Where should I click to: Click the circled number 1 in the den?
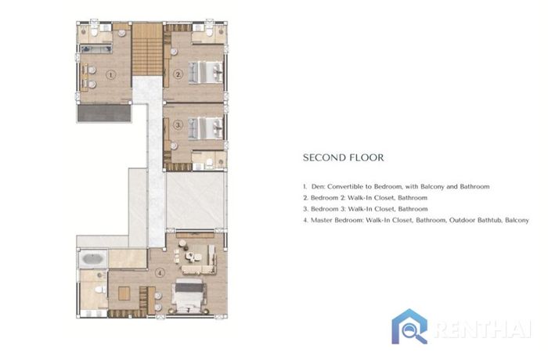[x=111, y=74]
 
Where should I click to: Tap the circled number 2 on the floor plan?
[x=178, y=74]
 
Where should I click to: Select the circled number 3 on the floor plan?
[x=178, y=124]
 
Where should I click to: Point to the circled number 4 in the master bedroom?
[x=160, y=272]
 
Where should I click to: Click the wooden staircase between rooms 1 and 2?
[x=147, y=49]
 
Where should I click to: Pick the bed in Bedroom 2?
[x=206, y=73]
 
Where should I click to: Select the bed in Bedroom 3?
[x=206, y=128]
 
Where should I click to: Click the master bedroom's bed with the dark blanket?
[x=189, y=296]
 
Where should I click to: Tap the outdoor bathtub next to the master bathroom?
[x=93, y=259]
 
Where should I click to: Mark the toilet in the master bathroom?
[x=101, y=290]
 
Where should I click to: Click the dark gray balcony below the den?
[x=104, y=113]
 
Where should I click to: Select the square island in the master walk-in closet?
[x=124, y=293]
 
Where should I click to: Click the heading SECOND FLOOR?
[x=343, y=157]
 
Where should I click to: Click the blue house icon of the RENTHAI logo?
[x=409, y=326]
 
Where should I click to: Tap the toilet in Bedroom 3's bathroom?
[x=209, y=163]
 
